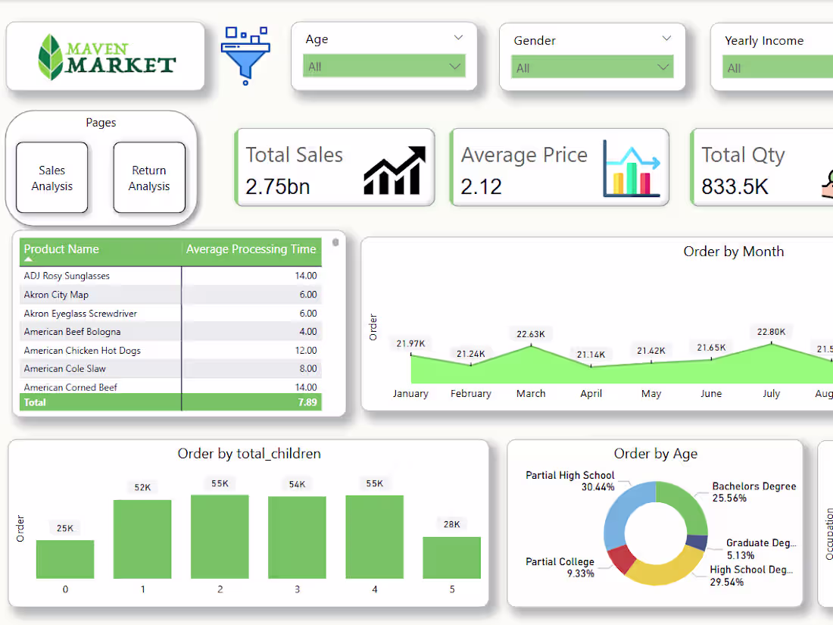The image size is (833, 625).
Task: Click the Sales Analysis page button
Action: (x=51, y=178)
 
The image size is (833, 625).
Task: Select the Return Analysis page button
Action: (x=149, y=178)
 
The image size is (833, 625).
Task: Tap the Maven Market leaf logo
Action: (x=51, y=57)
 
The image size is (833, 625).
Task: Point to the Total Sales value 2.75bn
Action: (x=278, y=186)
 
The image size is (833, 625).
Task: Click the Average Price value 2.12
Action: (x=482, y=186)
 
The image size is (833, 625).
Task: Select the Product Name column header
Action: (x=61, y=249)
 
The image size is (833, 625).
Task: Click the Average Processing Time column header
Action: (x=251, y=249)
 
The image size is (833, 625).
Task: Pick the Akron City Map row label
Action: (x=56, y=295)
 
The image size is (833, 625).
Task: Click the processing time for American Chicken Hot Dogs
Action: (x=306, y=351)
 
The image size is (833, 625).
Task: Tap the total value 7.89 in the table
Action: (x=307, y=402)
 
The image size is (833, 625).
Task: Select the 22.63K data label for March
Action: (x=531, y=334)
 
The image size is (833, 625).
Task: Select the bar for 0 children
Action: (x=65, y=560)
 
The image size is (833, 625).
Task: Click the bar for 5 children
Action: (x=452, y=558)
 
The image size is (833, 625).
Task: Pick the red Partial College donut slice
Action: (x=621, y=560)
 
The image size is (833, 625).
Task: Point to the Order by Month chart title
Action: (x=733, y=252)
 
